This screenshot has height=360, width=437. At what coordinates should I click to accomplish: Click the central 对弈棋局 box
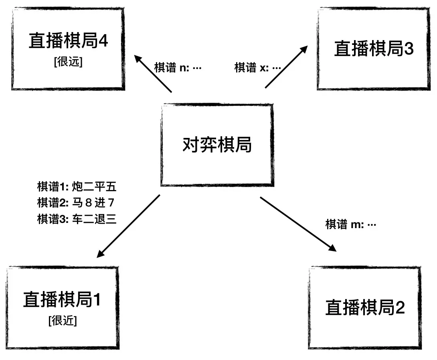[x=217, y=145]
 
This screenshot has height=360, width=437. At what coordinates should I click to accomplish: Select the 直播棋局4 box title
[x=68, y=41]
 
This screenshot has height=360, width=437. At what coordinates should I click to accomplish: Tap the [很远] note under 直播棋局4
[x=68, y=63]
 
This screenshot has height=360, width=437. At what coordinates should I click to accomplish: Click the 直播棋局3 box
[x=373, y=49]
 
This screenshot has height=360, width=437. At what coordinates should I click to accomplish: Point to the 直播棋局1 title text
[x=62, y=299]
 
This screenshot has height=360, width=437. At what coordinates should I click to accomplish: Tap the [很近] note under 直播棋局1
[x=63, y=321]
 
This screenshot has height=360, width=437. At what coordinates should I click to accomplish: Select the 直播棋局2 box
[x=365, y=308]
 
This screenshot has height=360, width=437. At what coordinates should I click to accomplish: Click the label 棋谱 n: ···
[x=178, y=67]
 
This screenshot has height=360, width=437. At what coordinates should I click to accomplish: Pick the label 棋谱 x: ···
[x=258, y=67]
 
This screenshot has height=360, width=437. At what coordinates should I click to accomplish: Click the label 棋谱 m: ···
[x=350, y=224]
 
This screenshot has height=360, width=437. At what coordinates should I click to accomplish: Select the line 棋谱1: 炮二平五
[x=77, y=187]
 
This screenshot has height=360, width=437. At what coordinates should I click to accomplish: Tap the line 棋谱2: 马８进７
[x=77, y=203]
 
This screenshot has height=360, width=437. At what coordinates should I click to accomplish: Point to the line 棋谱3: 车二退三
[x=77, y=219]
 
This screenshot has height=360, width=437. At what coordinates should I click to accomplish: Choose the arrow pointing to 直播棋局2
[x=298, y=224]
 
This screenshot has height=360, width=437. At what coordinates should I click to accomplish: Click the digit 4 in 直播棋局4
[x=103, y=41]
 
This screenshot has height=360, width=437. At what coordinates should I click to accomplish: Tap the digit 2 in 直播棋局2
[x=400, y=308]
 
